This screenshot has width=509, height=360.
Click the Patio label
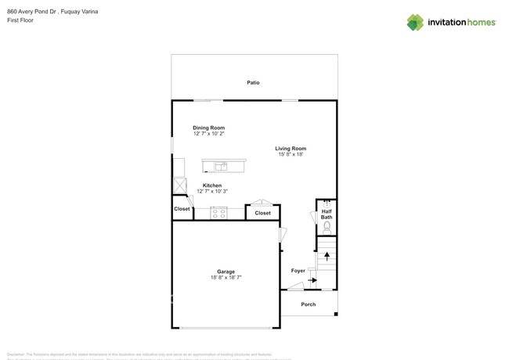click(253, 82)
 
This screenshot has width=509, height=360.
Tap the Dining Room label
click(208, 128)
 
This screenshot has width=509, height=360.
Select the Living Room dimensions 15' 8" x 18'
click(291, 155)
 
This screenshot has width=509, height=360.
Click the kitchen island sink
click(222, 166)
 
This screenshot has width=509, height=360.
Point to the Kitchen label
click(211, 185)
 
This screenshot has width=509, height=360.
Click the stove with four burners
click(218, 213)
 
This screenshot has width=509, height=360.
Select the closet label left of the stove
click(182, 209)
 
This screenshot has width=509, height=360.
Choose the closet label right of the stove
click(262, 213)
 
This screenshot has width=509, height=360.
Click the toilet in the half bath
click(327, 227)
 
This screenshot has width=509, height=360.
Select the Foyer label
click(298, 271)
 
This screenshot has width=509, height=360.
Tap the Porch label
click(309, 304)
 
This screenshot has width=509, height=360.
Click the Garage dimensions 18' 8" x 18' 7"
click(226, 278)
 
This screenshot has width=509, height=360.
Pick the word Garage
click(226, 272)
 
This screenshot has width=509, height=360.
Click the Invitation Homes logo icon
click(415, 23)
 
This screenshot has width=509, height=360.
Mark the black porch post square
click(336, 315)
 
